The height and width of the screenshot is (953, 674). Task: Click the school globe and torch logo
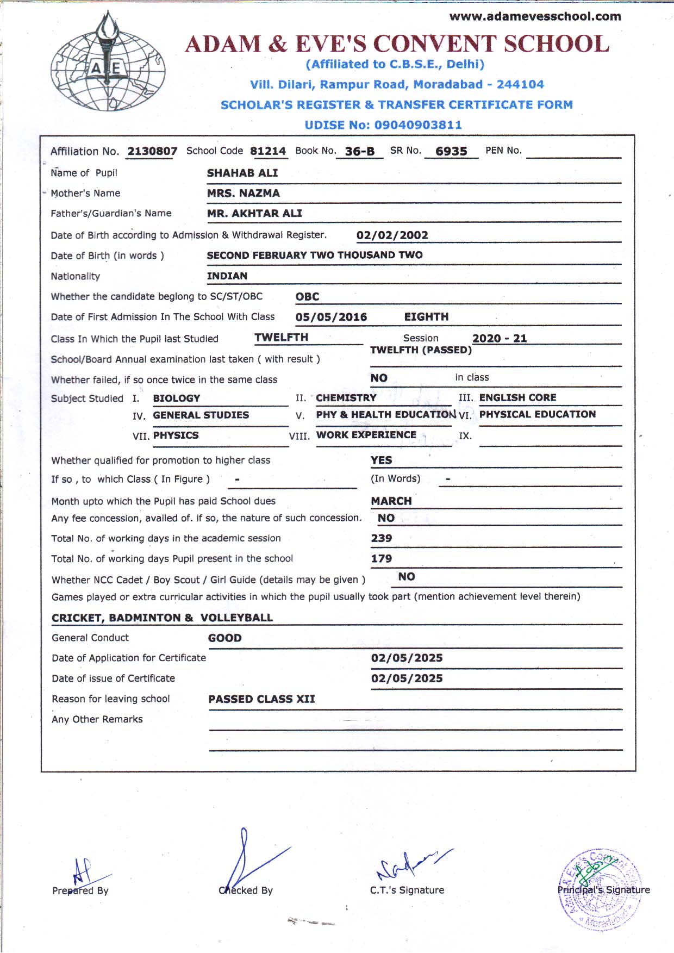pos(108,61)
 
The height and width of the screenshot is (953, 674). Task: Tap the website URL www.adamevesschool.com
pos(535,16)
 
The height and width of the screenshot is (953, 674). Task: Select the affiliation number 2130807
pos(152,151)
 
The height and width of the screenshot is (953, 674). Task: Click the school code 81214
pos(268,151)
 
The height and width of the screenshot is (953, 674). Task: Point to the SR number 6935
pos(451,152)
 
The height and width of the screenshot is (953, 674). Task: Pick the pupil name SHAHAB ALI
pos(242,173)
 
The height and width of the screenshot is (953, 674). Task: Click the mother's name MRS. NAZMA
pos(243,193)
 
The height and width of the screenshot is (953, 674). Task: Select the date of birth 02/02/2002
pos(392,235)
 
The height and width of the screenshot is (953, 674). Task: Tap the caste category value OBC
pos(307,297)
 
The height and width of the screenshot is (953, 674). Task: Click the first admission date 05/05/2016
pos(331,317)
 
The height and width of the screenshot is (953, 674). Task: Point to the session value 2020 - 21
pos(500,338)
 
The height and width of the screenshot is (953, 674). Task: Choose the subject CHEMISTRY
pos(346,398)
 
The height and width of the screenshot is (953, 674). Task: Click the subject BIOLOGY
pos(177,398)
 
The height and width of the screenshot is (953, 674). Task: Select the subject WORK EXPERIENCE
pos(366,435)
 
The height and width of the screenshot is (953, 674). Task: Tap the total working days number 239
pos(381,538)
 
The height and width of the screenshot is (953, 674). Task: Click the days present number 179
pos(381,558)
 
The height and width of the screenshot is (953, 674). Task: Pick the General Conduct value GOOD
pos(224,638)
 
